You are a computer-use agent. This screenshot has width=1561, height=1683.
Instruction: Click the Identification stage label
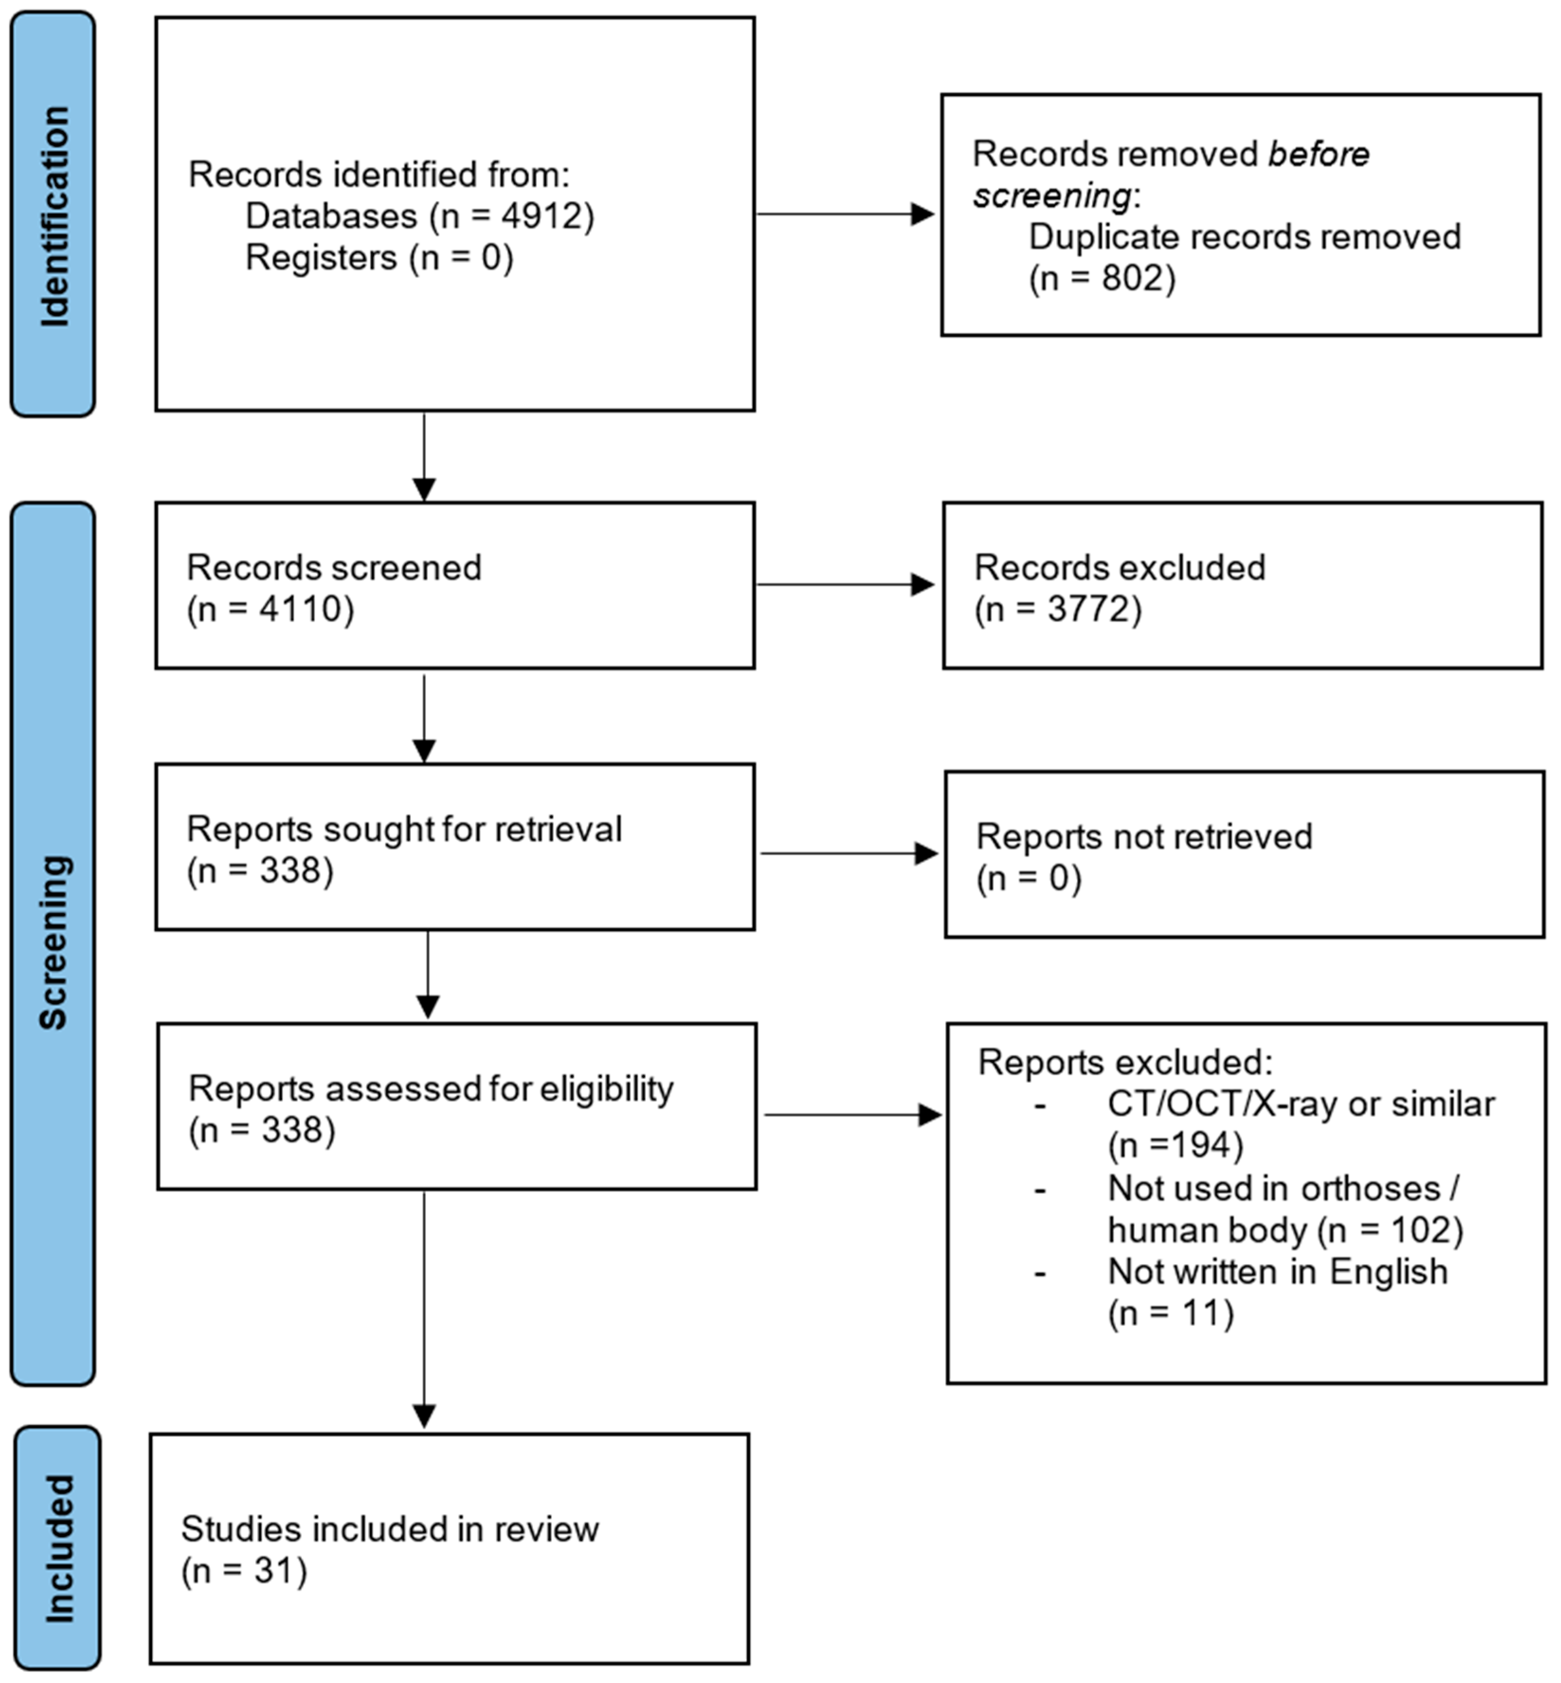click(x=53, y=216)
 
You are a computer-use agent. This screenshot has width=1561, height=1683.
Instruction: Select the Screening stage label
click(x=53, y=942)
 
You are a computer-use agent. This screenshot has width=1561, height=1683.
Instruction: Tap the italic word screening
click(x=1051, y=196)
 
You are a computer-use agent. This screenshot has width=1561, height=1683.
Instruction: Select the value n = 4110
click(x=271, y=609)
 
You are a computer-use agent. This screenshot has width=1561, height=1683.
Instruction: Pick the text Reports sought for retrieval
click(x=404, y=830)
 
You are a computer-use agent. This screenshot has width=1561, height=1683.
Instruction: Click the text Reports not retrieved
click(x=1144, y=837)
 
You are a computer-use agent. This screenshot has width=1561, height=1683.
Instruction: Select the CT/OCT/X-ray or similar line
click(x=1301, y=1104)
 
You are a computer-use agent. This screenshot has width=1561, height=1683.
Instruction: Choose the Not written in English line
click(x=1277, y=1273)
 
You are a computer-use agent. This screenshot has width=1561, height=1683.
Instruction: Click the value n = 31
click(x=244, y=1572)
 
